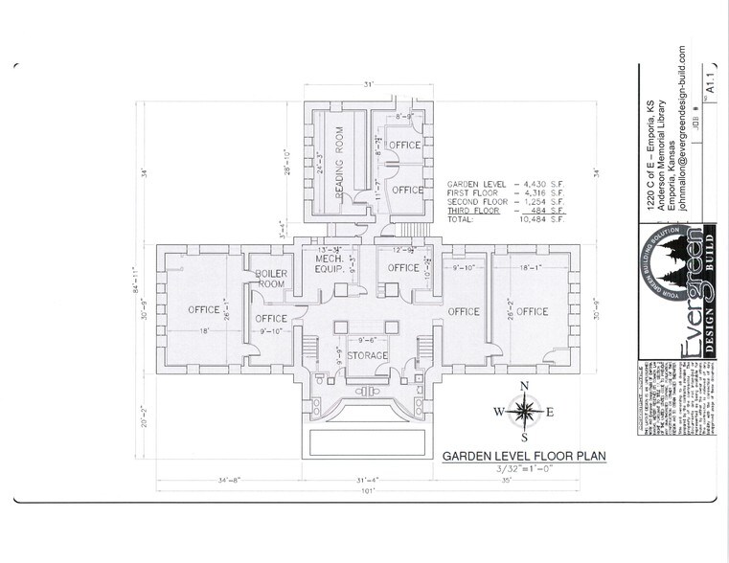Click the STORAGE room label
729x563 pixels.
coord(367,356)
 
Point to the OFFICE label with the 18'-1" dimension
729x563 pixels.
coord(532,311)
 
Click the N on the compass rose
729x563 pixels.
coord(523,387)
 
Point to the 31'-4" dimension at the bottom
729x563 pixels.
coord(365,480)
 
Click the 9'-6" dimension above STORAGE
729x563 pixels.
coord(366,340)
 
